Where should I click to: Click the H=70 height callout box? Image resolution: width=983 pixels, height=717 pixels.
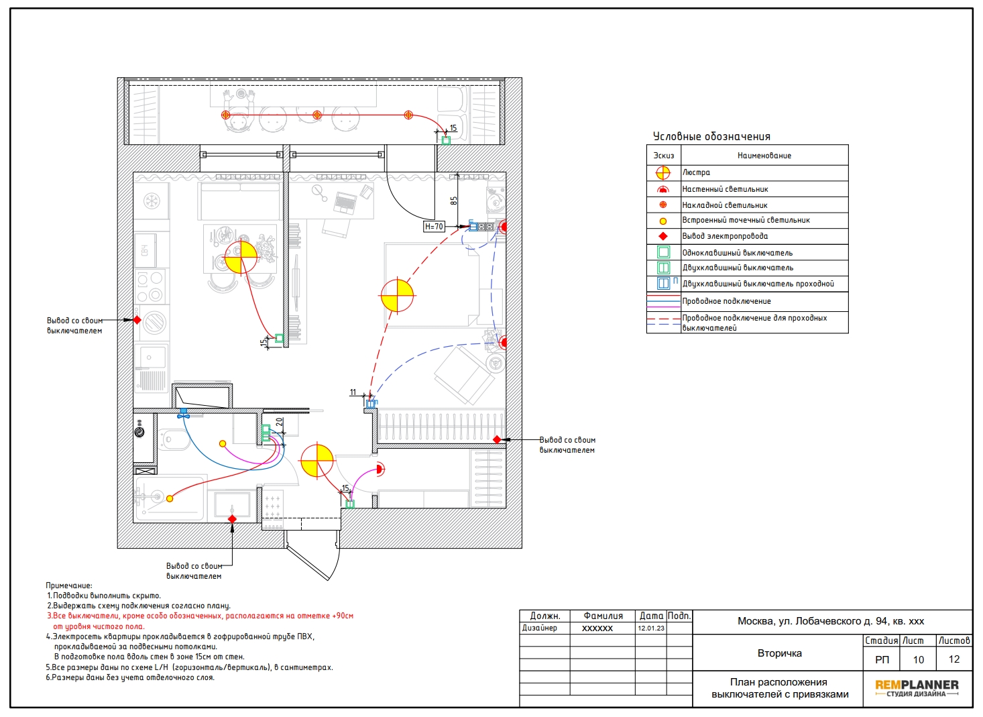coord(434,227)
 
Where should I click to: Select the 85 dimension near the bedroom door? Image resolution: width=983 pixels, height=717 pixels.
coord(454,201)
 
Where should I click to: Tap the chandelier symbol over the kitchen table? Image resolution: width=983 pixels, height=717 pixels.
coord(241,257)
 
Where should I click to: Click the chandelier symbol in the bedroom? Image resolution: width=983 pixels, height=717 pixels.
coord(397,295)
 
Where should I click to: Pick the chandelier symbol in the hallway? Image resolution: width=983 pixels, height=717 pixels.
coord(317,461)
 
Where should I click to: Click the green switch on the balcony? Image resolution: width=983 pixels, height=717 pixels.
coord(446,140)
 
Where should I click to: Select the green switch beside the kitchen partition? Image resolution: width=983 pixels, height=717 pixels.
coord(279,338)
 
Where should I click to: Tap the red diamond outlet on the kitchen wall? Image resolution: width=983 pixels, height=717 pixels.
coord(137,320)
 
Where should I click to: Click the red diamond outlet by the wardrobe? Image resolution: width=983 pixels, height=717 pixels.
coord(497,439)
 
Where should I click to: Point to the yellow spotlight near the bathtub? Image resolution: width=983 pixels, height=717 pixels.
coord(170,498)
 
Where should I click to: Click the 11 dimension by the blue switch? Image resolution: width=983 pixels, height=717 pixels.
coord(353,392)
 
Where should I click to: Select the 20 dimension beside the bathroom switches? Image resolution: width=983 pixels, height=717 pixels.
coord(280,422)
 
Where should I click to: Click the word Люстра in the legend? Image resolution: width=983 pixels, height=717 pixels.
coord(696,172)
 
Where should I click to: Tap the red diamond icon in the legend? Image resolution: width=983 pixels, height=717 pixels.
coord(663,236)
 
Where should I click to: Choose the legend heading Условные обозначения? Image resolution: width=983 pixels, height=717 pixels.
coord(711,137)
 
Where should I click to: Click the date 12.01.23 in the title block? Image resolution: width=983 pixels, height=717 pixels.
coord(651,628)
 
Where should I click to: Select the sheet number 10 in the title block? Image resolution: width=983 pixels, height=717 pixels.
coord(919,659)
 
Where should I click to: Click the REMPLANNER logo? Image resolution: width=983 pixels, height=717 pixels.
coord(917,687)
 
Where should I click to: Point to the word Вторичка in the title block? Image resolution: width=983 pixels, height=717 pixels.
coord(779,653)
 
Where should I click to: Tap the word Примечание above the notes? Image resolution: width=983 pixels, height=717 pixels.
coord(69,586)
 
